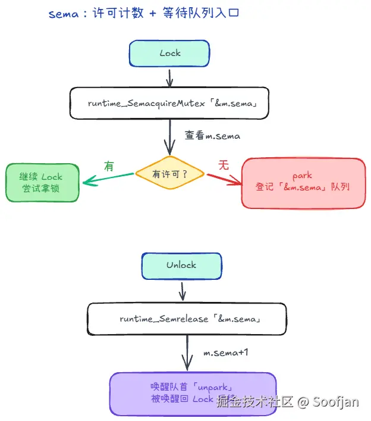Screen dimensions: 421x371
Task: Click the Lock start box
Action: coord(169,53)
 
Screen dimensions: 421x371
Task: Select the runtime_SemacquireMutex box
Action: coord(169,103)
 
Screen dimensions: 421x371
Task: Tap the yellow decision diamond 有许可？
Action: coord(170,174)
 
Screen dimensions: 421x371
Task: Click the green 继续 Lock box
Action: coord(41,182)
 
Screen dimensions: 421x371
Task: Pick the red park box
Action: coord(303,182)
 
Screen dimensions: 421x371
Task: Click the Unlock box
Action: coord(181,265)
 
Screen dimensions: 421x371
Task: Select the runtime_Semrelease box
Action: coord(187,319)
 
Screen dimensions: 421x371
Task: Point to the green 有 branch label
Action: coord(109,166)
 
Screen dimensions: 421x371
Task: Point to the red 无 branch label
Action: coord(224,166)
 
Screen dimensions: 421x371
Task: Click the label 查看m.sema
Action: coord(212,136)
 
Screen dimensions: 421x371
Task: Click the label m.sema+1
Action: coord(226,353)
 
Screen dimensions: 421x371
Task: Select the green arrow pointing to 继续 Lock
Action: coord(107,178)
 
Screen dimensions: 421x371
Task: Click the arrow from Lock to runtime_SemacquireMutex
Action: coord(170,77)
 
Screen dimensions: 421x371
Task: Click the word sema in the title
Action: coord(63,14)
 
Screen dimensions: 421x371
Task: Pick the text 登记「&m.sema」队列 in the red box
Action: coord(303,187)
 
